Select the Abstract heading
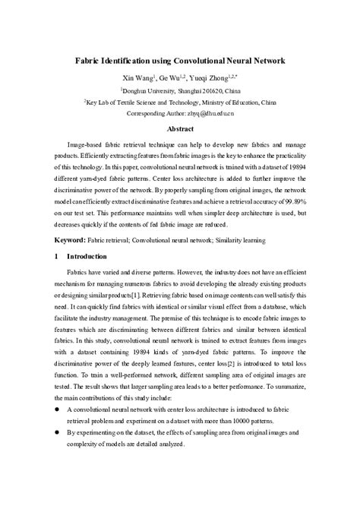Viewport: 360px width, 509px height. coord(181,129)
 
